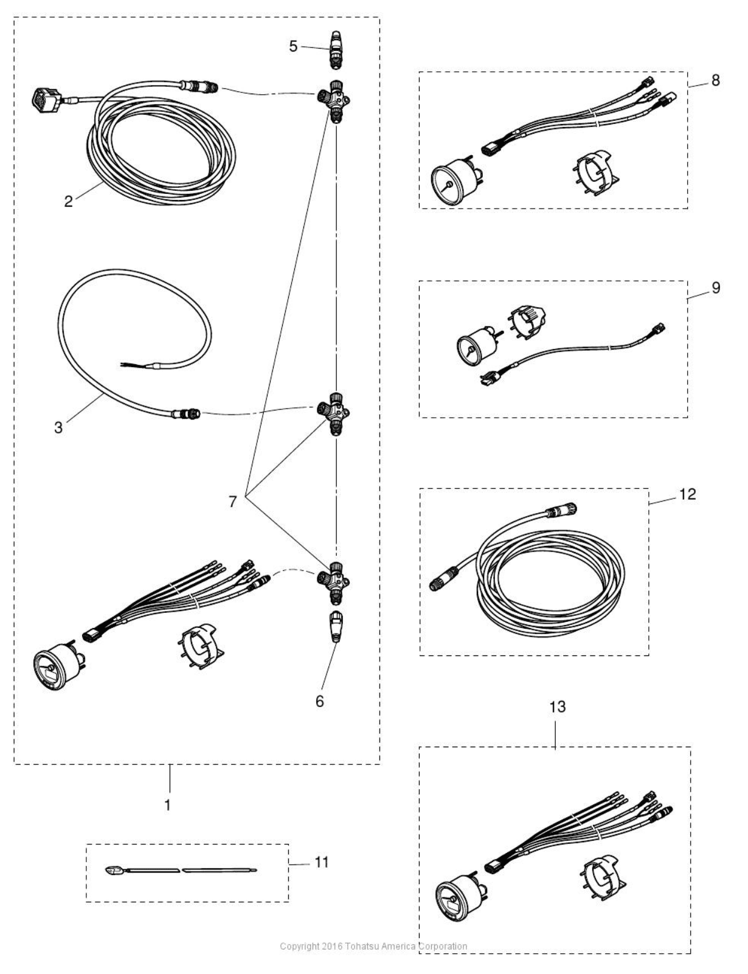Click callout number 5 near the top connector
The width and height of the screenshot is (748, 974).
tap(293, 46)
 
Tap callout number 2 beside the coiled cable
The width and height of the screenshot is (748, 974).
tap(68, 201)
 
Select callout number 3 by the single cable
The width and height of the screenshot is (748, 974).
tap(58, 427)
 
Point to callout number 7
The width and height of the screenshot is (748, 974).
tap(232, 502)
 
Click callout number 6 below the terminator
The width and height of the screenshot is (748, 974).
tap(319, 702)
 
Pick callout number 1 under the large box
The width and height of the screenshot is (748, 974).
tap(168, 806)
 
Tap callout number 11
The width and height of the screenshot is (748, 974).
tap(322, 862)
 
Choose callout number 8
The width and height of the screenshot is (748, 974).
tap(715, 80)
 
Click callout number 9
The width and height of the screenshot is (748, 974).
tap(716, 288)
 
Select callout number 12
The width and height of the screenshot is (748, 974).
tap(688, 494)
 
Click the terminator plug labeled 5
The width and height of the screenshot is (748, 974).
tap(336, 50)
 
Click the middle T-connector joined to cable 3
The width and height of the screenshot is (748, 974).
tap(333, 413)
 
